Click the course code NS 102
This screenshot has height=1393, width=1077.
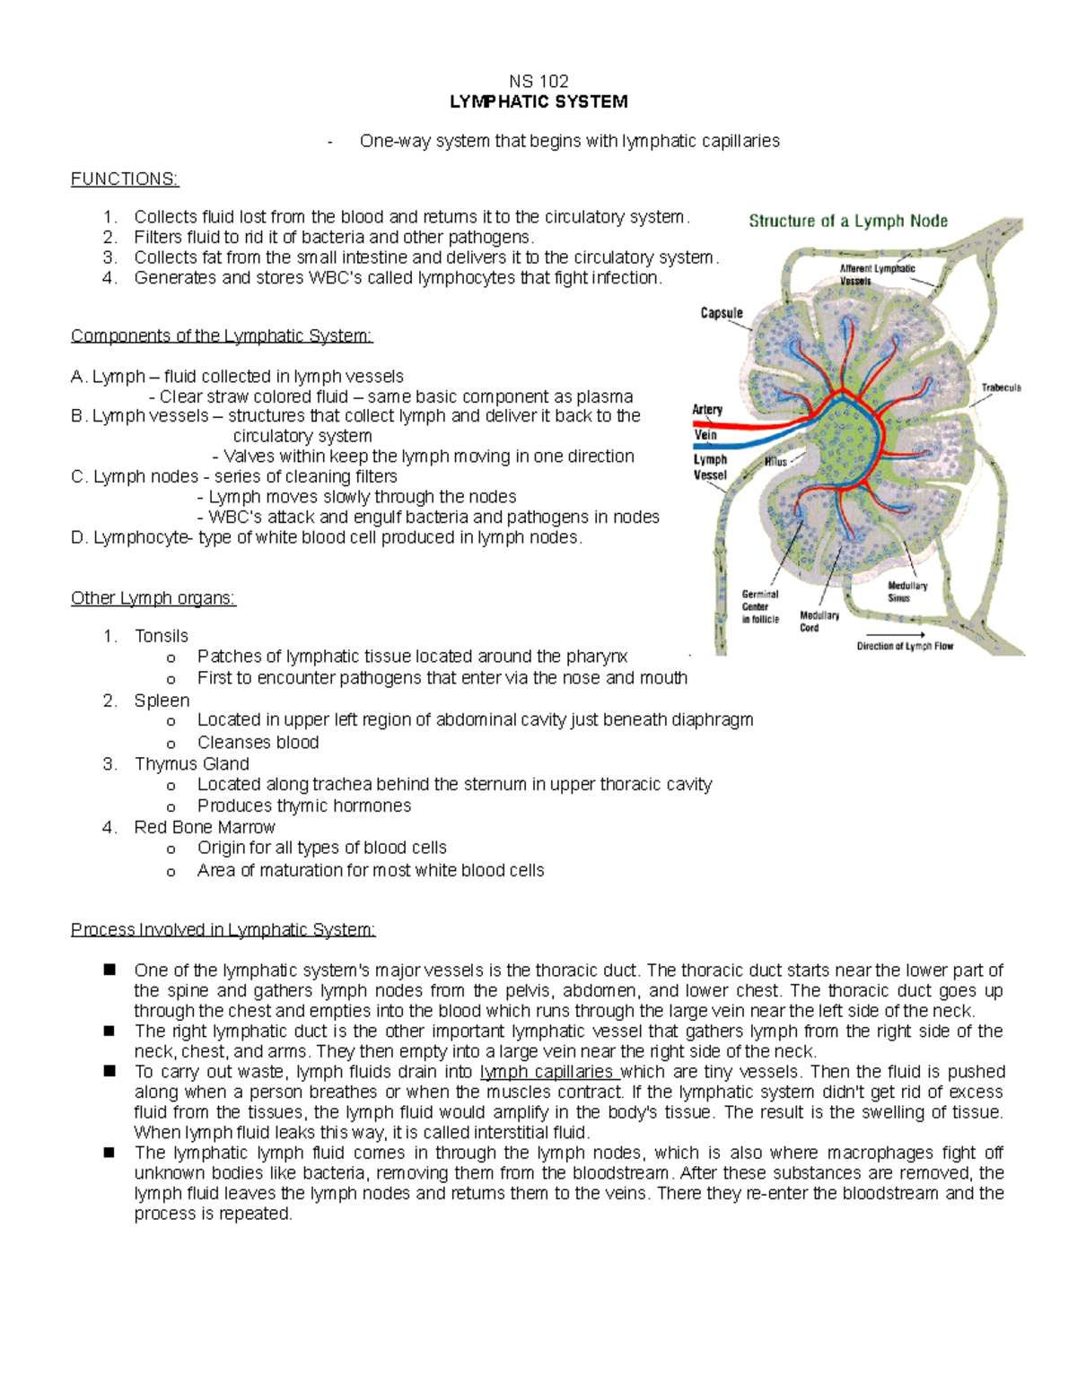(538, 81)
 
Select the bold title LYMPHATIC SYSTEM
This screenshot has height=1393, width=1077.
(538, 101)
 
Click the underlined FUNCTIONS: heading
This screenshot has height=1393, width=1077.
(125, 178)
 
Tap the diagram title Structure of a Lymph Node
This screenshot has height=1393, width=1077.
(848, 221)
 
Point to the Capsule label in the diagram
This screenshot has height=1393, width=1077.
(722, 313)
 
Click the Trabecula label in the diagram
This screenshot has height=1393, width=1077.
(1001, 388)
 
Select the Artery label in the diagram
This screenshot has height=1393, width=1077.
(707, 410)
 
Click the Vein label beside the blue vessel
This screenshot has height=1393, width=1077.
(705, 435)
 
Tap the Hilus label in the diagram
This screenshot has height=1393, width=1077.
(775, 462)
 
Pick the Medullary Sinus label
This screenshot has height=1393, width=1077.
(906, 592)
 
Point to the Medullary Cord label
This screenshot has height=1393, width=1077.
(819, 622)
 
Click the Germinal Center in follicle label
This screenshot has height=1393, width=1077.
(760, 606)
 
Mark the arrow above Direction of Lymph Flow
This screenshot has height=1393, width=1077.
(904, 634)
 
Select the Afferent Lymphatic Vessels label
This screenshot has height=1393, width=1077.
(877, 274)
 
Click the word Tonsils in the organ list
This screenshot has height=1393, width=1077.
(162, 636)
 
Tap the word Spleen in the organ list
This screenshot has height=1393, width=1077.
(162, 701)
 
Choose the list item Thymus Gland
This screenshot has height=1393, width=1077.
(191, 763)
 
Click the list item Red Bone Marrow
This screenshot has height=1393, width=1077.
(205, 827)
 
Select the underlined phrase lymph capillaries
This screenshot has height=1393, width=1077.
(547, 1072)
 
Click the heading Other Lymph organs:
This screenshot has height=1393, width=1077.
(153, 598)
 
